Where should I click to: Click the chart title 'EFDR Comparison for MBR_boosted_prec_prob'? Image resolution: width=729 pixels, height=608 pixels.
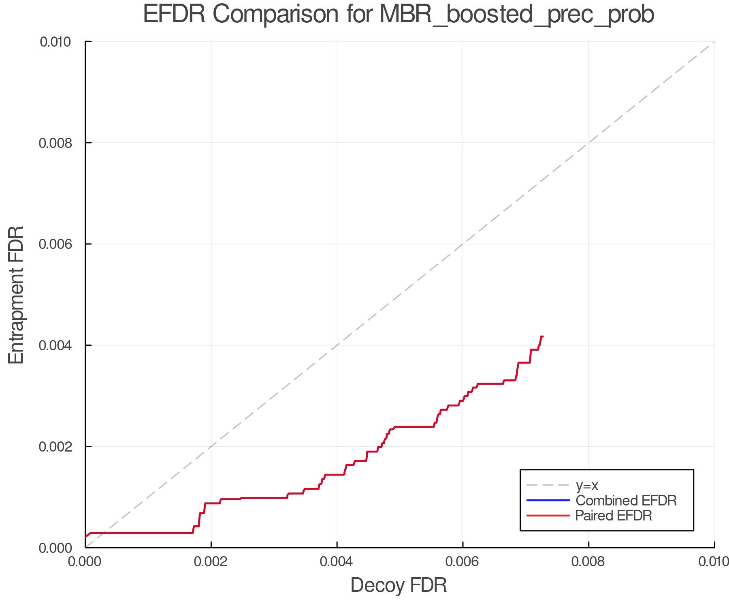coord(399,15)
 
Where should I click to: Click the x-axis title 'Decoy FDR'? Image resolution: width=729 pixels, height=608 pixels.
coord(399,585)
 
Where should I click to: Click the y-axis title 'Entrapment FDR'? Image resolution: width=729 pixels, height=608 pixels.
coord(16,295)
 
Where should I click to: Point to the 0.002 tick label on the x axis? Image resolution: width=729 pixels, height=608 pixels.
coord(211,562)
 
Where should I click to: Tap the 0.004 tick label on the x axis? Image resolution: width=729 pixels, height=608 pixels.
coord(337,562)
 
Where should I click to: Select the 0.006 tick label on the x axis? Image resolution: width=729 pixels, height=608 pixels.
coord(463,562)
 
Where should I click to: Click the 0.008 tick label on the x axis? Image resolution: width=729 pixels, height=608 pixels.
coord(588,562)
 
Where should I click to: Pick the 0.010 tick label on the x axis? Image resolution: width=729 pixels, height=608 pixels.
coord(714,562)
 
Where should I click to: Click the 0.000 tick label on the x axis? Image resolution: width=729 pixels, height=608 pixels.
coord(85,562)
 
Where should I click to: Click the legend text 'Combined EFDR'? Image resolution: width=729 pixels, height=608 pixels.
coord(626,501)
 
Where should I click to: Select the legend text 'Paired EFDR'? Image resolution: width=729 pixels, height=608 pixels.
coord(614,516)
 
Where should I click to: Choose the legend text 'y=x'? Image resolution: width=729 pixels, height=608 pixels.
coord(587,485)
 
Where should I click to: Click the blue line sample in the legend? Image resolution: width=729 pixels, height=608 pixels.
coord(548,500)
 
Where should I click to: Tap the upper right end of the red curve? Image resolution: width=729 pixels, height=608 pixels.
coord(542,336)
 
